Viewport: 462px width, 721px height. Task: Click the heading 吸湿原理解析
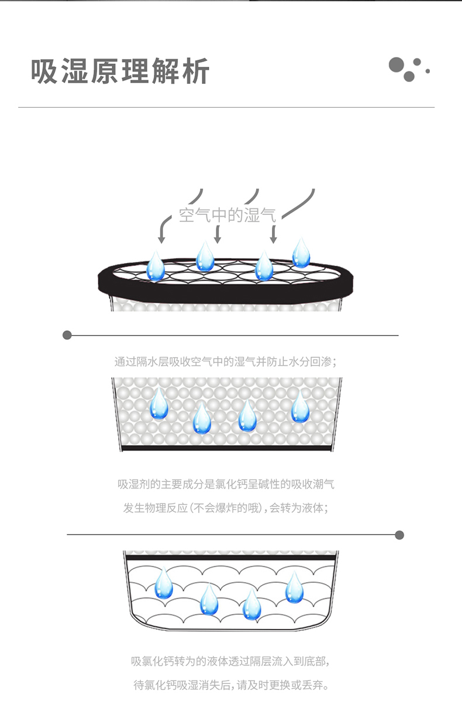tap(120, 71)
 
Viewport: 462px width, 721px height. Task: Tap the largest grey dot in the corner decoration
tap(396, 64)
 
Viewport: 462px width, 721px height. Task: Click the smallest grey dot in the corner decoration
tap(427, 71)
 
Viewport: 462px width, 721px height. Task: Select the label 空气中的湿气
tap(227, 215)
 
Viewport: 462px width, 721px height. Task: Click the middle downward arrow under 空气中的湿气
tap(218, 234)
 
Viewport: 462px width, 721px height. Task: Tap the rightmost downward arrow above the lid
tap(274, 234)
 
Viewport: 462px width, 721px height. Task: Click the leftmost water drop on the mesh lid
tap(156, 266)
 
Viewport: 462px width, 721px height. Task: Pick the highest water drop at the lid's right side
tap(301, 253)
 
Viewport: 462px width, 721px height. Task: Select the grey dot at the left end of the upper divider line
tap(67, 335)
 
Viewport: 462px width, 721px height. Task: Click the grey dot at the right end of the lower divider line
tap(399, 535)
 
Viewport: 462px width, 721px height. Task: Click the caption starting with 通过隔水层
tap(226, 362)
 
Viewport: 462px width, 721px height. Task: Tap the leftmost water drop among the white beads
tap(159, 404)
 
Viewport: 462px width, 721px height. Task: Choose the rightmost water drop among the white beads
tap(300, 407)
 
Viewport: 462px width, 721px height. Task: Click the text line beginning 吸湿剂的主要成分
tap(226, 484)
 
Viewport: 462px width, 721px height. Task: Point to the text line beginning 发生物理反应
tap(226, 508)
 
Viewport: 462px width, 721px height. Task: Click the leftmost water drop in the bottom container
tap(164, 583)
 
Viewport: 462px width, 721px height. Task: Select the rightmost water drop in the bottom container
tap(294, 587)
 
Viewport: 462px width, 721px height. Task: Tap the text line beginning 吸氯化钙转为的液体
tap(230, 661)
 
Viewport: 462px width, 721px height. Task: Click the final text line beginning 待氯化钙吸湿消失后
tap(232, 685)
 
